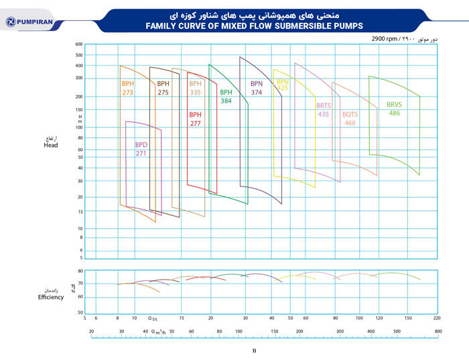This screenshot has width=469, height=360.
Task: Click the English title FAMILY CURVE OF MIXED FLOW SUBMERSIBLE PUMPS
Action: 254,26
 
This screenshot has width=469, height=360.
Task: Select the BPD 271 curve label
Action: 141,149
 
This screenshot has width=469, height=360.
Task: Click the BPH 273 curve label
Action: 127,88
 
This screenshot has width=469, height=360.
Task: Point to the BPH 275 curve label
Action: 163,88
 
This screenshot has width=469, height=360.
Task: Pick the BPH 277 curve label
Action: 195,119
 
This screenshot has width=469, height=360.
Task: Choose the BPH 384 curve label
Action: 226,96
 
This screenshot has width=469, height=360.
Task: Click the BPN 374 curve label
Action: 257,88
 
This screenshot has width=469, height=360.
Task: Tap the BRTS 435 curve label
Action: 324,109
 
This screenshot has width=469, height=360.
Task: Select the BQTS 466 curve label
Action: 350,118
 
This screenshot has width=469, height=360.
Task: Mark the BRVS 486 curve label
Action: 394,109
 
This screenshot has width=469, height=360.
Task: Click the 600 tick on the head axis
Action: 79,44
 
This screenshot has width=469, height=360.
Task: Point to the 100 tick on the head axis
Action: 79,127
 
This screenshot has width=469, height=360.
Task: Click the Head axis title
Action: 51,145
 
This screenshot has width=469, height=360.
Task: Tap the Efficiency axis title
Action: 51,297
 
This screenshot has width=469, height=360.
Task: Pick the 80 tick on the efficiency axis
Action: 80,271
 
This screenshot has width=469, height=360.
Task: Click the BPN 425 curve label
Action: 283,84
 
